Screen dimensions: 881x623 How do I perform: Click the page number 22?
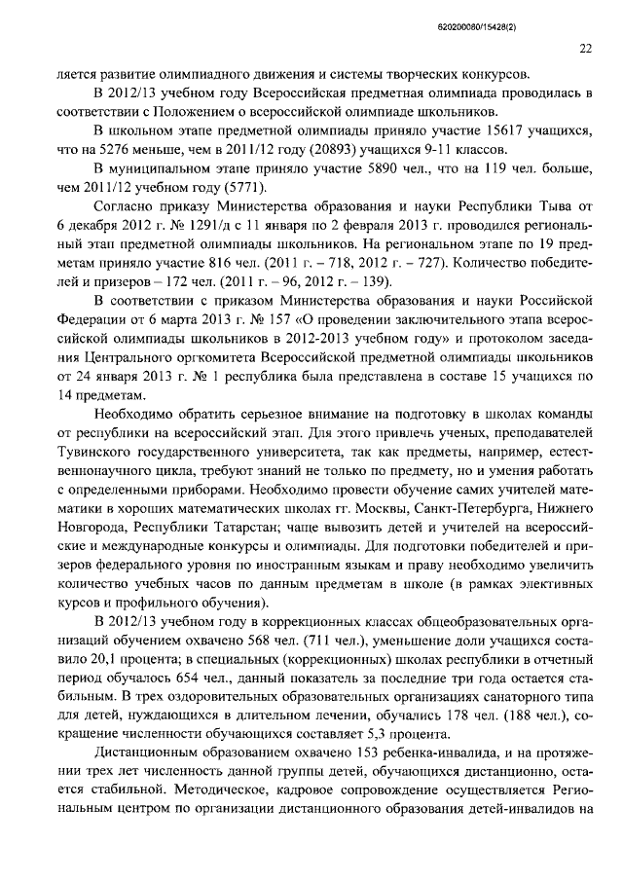pyautogui.click(x=585, y=49)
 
